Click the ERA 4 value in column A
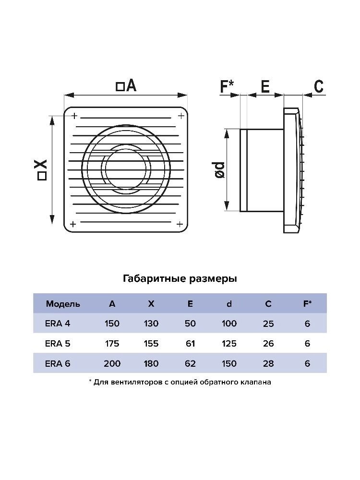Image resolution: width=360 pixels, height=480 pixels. pyautogui.click(x=112, y=323)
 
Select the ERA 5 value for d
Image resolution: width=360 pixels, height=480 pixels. pyautogui.click(x=229, y=344)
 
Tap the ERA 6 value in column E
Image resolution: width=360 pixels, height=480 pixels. pyautogui.click(x=190, y=363)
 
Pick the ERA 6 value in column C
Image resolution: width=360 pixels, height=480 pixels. pyautogui.click(x=268, y=363)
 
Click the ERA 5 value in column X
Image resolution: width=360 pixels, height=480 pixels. pyautogui.click(x=151, y=344)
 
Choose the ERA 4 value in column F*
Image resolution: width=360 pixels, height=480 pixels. pyautogui.click(x=307, y=323)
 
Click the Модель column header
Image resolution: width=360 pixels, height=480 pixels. pyautogui.click(x=63, y=304)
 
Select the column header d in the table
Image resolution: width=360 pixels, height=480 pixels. pyautogui.click(x=229, y=304)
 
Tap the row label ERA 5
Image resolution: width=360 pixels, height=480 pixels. pyautogui.click(x=58, y=344)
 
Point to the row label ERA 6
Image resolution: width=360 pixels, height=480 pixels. pyautogui.click(x=58, y=363)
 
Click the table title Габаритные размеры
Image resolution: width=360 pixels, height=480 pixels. pyautogui.click(x=180, y=278)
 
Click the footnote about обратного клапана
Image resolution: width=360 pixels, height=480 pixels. pyautogui.click(x=180, y=382)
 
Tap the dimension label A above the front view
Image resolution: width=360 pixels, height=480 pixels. pyautogui.click(x=126, y=85)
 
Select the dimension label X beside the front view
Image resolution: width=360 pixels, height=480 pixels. pyautogui.click(x=42, y=169)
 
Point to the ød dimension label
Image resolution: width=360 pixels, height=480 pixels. pyautogui.click(x=220, y=170)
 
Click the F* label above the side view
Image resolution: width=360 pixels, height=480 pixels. pyautogui.click(x=227, y=86)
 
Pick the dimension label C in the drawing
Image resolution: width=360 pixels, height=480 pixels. pyautogui.click(x=319, y=86)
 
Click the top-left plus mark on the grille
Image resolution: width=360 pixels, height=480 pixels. pyautogui.click(x=74, y=116)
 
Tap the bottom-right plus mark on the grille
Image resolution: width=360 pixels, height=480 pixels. pyautogui.click(x=180, y=224)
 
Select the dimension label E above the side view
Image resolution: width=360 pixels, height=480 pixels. pyautogui.click(x=265, y=86)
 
